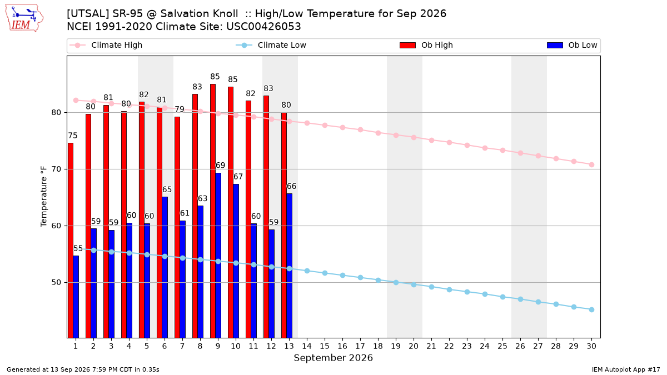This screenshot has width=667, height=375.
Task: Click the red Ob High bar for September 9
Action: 213,211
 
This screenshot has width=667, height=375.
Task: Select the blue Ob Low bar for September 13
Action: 289,266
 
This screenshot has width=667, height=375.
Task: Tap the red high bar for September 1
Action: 71,240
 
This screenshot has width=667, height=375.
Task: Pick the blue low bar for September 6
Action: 165,267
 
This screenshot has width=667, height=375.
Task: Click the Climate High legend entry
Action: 106,45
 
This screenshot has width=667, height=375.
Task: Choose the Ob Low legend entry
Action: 572,45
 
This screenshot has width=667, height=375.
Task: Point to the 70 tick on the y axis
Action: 56,169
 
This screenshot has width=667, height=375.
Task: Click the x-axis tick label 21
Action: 431,346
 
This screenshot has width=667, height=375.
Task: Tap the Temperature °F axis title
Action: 44,197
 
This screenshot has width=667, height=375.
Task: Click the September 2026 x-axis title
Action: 333,358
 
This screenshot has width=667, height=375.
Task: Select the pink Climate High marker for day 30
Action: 591,164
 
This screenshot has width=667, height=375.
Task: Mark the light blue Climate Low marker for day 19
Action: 396,282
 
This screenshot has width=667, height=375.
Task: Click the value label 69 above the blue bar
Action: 220,165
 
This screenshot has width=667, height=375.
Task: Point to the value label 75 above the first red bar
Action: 73,136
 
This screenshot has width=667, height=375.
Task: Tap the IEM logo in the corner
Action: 24,18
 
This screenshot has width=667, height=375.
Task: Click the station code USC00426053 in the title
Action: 263,27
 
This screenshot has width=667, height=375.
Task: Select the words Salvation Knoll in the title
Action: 199,14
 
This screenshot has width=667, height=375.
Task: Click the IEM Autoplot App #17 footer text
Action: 626,369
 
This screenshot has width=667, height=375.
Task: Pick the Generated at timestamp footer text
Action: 83,369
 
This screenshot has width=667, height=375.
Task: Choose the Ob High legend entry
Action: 426,45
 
